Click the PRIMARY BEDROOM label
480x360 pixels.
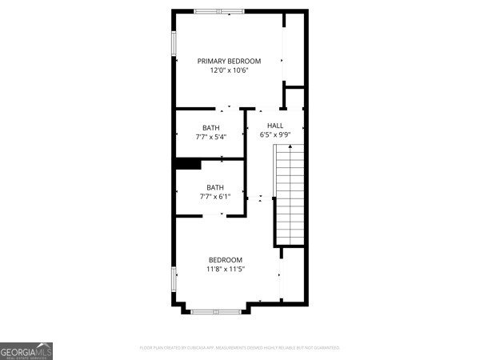tap(229, 61)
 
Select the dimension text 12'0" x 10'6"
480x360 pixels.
tap(229, 71)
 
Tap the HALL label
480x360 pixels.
tap(275, 126)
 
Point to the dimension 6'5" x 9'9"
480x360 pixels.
tap(275, 135)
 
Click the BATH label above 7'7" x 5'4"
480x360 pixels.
tap(210, 128)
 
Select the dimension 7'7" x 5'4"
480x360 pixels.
tap(210, 138)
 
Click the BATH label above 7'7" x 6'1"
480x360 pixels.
tap(215, 187)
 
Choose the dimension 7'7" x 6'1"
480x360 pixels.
tap(215, 197)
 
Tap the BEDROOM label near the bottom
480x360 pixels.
tap(226, 259)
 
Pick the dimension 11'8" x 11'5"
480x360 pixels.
tap(226, 270)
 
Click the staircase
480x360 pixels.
tap(291, 195)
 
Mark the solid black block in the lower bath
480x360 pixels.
tap(188, 164)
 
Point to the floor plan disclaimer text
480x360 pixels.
tap(240, 348)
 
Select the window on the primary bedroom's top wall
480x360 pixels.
tap(219, 11)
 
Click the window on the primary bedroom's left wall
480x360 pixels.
tap(174, 45)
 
